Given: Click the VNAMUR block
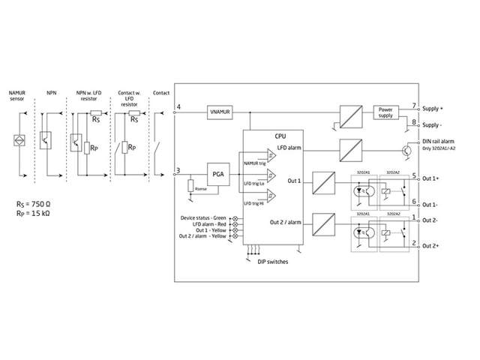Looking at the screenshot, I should point(220,112).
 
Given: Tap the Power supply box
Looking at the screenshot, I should point(385,112).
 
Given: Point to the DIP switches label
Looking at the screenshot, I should point(267,262).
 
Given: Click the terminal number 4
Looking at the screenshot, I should point(178,108).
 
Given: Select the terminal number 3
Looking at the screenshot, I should point(178,170).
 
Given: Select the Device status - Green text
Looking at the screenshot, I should point(203,217).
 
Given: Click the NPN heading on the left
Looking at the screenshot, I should point(51,93).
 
